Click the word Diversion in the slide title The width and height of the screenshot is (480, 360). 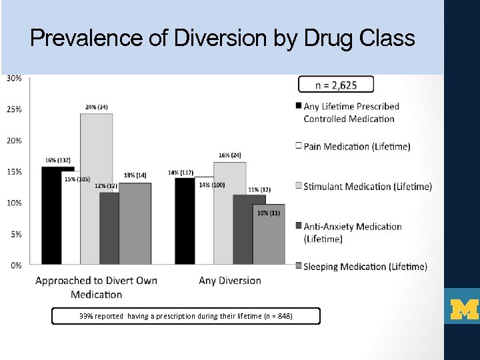pyautogui.click(x=220, y=39)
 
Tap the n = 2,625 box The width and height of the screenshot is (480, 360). pyautogui.click(x=335, y=84)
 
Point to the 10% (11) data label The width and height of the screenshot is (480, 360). pyautogui.click(x=269, y=213)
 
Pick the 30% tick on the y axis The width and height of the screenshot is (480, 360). pyautogui.click(x=14, y=78)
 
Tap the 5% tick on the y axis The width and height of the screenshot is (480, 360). pyautogui.click(x=14, y=234)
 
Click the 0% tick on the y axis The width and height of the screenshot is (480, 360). pyautogui.click(x=14, y=265)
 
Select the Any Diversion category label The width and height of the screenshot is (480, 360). pyautogui.click(x=230, y=281)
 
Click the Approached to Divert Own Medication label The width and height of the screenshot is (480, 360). pyautogui.click(x=96, y=287)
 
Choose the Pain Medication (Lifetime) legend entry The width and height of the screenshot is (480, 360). pyautogui.click(x=356, y=146)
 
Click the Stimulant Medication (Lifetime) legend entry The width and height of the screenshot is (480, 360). pyautogui.click(x=367, y=187)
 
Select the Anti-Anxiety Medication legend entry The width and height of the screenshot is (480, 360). pyautogui.click(x=352, y=232)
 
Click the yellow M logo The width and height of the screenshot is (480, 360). pyautogui.click(x=464, y=309)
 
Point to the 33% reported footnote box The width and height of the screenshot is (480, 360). pyautogui.click(x=185, y=315)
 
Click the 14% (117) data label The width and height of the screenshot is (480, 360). pyautogui.click(x=181, y=173)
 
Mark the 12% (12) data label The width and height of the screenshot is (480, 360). pyautogui.click(x=106, y=186)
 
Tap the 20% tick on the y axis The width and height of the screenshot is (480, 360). pyautogui.click(x=14, y=141)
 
